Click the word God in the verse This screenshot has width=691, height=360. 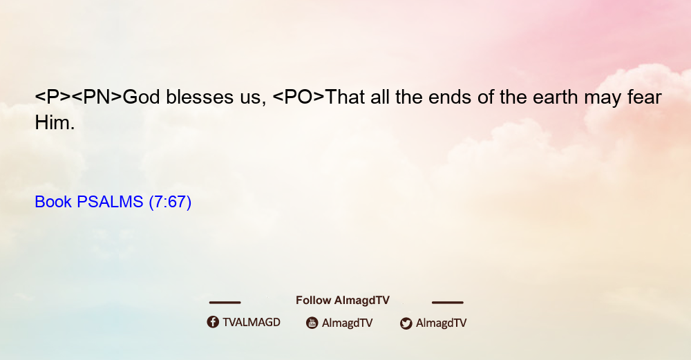[141, 97]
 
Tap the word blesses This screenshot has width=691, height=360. [200, 97]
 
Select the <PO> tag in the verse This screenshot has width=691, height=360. [299, 97]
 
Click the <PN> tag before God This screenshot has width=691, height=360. [97, 97]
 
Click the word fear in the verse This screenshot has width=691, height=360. [645, 97]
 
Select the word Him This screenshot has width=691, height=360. [55, 122]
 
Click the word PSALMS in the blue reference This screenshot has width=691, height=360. [110, 202]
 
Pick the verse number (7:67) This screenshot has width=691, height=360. [170, 202]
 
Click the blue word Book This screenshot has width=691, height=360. [53, 202]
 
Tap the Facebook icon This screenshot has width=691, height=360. [213, 322]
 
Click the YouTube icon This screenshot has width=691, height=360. [312, 323]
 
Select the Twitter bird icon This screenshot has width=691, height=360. [406, 323]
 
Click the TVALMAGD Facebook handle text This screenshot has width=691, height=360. [252, 322]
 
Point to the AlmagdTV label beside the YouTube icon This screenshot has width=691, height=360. [348, 323]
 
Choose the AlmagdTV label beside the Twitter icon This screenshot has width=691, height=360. [441, 323]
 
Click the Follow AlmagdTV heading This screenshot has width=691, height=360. [343, 300]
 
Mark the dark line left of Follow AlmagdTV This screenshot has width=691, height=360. [225, 302]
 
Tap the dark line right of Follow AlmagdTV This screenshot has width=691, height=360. [448, 302]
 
